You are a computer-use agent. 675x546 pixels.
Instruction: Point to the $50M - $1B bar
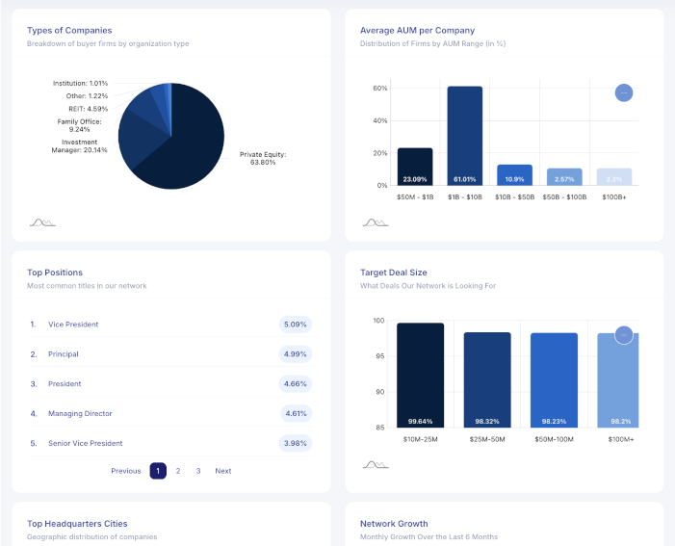coord(415,166)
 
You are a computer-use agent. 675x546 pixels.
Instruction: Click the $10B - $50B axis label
coord(514,196)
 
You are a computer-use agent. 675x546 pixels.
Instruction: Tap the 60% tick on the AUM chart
coord(379,89)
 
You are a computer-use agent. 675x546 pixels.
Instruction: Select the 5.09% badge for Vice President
coord(295,325)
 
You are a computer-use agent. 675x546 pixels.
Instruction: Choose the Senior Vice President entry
coord(85,443)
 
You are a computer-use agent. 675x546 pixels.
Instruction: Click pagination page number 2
coord(178,471)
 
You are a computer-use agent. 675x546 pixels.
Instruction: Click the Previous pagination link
coord(125,471)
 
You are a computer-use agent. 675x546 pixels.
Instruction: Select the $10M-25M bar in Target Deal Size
coord(421,376)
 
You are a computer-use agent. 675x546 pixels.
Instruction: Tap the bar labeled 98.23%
coord(555,380)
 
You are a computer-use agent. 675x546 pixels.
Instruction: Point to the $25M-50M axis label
coord(487,439)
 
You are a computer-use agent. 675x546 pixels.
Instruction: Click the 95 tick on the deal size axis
coord(379,356)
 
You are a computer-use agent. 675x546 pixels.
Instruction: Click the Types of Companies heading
coord(69,30)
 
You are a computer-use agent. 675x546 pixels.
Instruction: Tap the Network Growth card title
coord(394,524)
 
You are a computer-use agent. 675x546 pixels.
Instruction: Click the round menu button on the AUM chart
coord(624,92)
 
